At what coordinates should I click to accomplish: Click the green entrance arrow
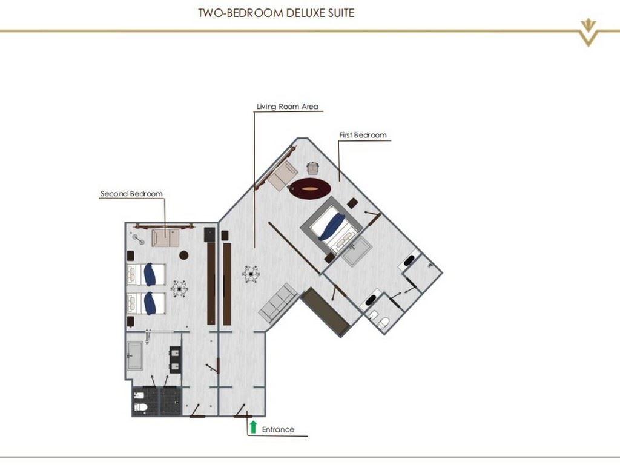(253, 427)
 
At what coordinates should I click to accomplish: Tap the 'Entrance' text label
(278, 429)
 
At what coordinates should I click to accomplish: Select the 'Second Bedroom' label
(131, 194)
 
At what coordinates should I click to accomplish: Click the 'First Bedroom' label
(363, 135)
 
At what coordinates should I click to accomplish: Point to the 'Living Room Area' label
(287, 107)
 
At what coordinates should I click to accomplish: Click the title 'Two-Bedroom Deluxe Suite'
(276, 13)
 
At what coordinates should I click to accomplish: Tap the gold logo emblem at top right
(588, 32)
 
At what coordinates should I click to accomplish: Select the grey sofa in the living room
(278, 302)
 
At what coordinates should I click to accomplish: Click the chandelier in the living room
(251, 274)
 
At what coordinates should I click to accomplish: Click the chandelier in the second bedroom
(180, 289)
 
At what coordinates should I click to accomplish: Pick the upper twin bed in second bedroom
(146, 274)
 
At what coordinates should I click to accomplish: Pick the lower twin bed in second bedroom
(146, 303)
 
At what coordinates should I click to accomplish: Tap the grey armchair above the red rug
(312, 168)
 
